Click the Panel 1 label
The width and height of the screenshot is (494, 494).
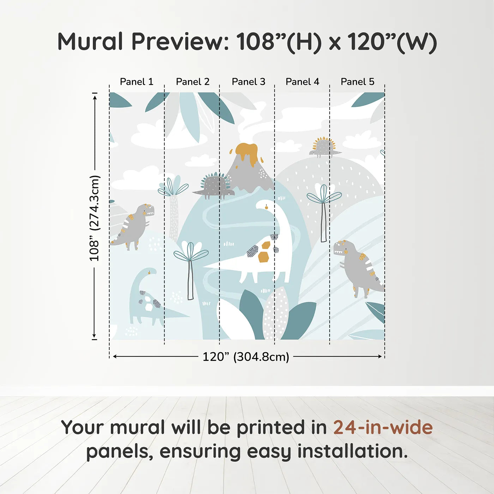coord(137,82)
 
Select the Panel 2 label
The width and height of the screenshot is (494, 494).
coord(193,82)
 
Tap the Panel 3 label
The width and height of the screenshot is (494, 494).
coord(248,82)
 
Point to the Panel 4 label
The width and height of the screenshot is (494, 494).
coord(302,82)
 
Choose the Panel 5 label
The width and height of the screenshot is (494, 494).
coord(357,82)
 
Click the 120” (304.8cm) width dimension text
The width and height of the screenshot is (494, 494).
coord(246,357)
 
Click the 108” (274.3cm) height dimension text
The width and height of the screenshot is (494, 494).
coord(95,218)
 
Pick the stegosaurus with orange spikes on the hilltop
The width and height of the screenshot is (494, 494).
coord(324,147)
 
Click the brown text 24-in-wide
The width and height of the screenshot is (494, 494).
coord(383,427)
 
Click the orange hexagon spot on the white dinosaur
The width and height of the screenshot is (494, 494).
coord(263,258)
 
